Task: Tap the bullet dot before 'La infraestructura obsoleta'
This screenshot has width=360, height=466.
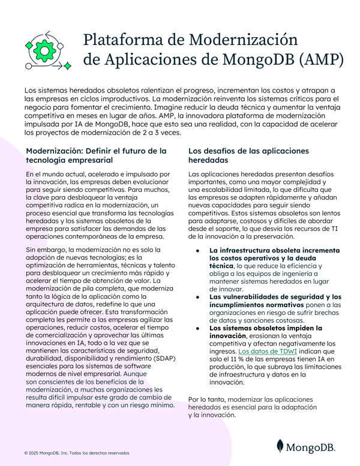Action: [198, 249]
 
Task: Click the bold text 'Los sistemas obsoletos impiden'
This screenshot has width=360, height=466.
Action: [265, 328]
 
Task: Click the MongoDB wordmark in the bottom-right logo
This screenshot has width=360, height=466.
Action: [311, 447]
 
